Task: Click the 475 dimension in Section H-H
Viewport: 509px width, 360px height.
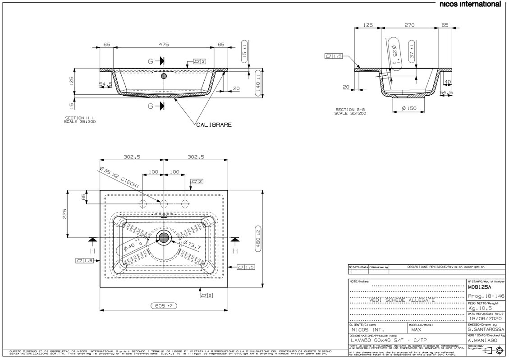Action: pyautogui.click(x=164, y=44)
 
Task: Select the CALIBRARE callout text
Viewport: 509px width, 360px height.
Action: pyautogui.click(x=214, y=124)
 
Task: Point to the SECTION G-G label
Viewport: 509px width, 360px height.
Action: pyautogui.click(x=350, y=111)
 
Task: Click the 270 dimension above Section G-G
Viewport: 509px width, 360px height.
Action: pyautogui.click(x=409, y=25)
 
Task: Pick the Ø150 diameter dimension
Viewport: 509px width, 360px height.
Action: pyautogui.click(x=408, y=109)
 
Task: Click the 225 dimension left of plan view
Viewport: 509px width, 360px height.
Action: pyautogui.click(x=65, y=213)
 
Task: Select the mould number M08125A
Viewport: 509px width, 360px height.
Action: pyautogui.click(x=479, y=287)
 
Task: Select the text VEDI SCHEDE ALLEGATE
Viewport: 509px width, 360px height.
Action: pyautogui.click(x=402, y=300)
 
